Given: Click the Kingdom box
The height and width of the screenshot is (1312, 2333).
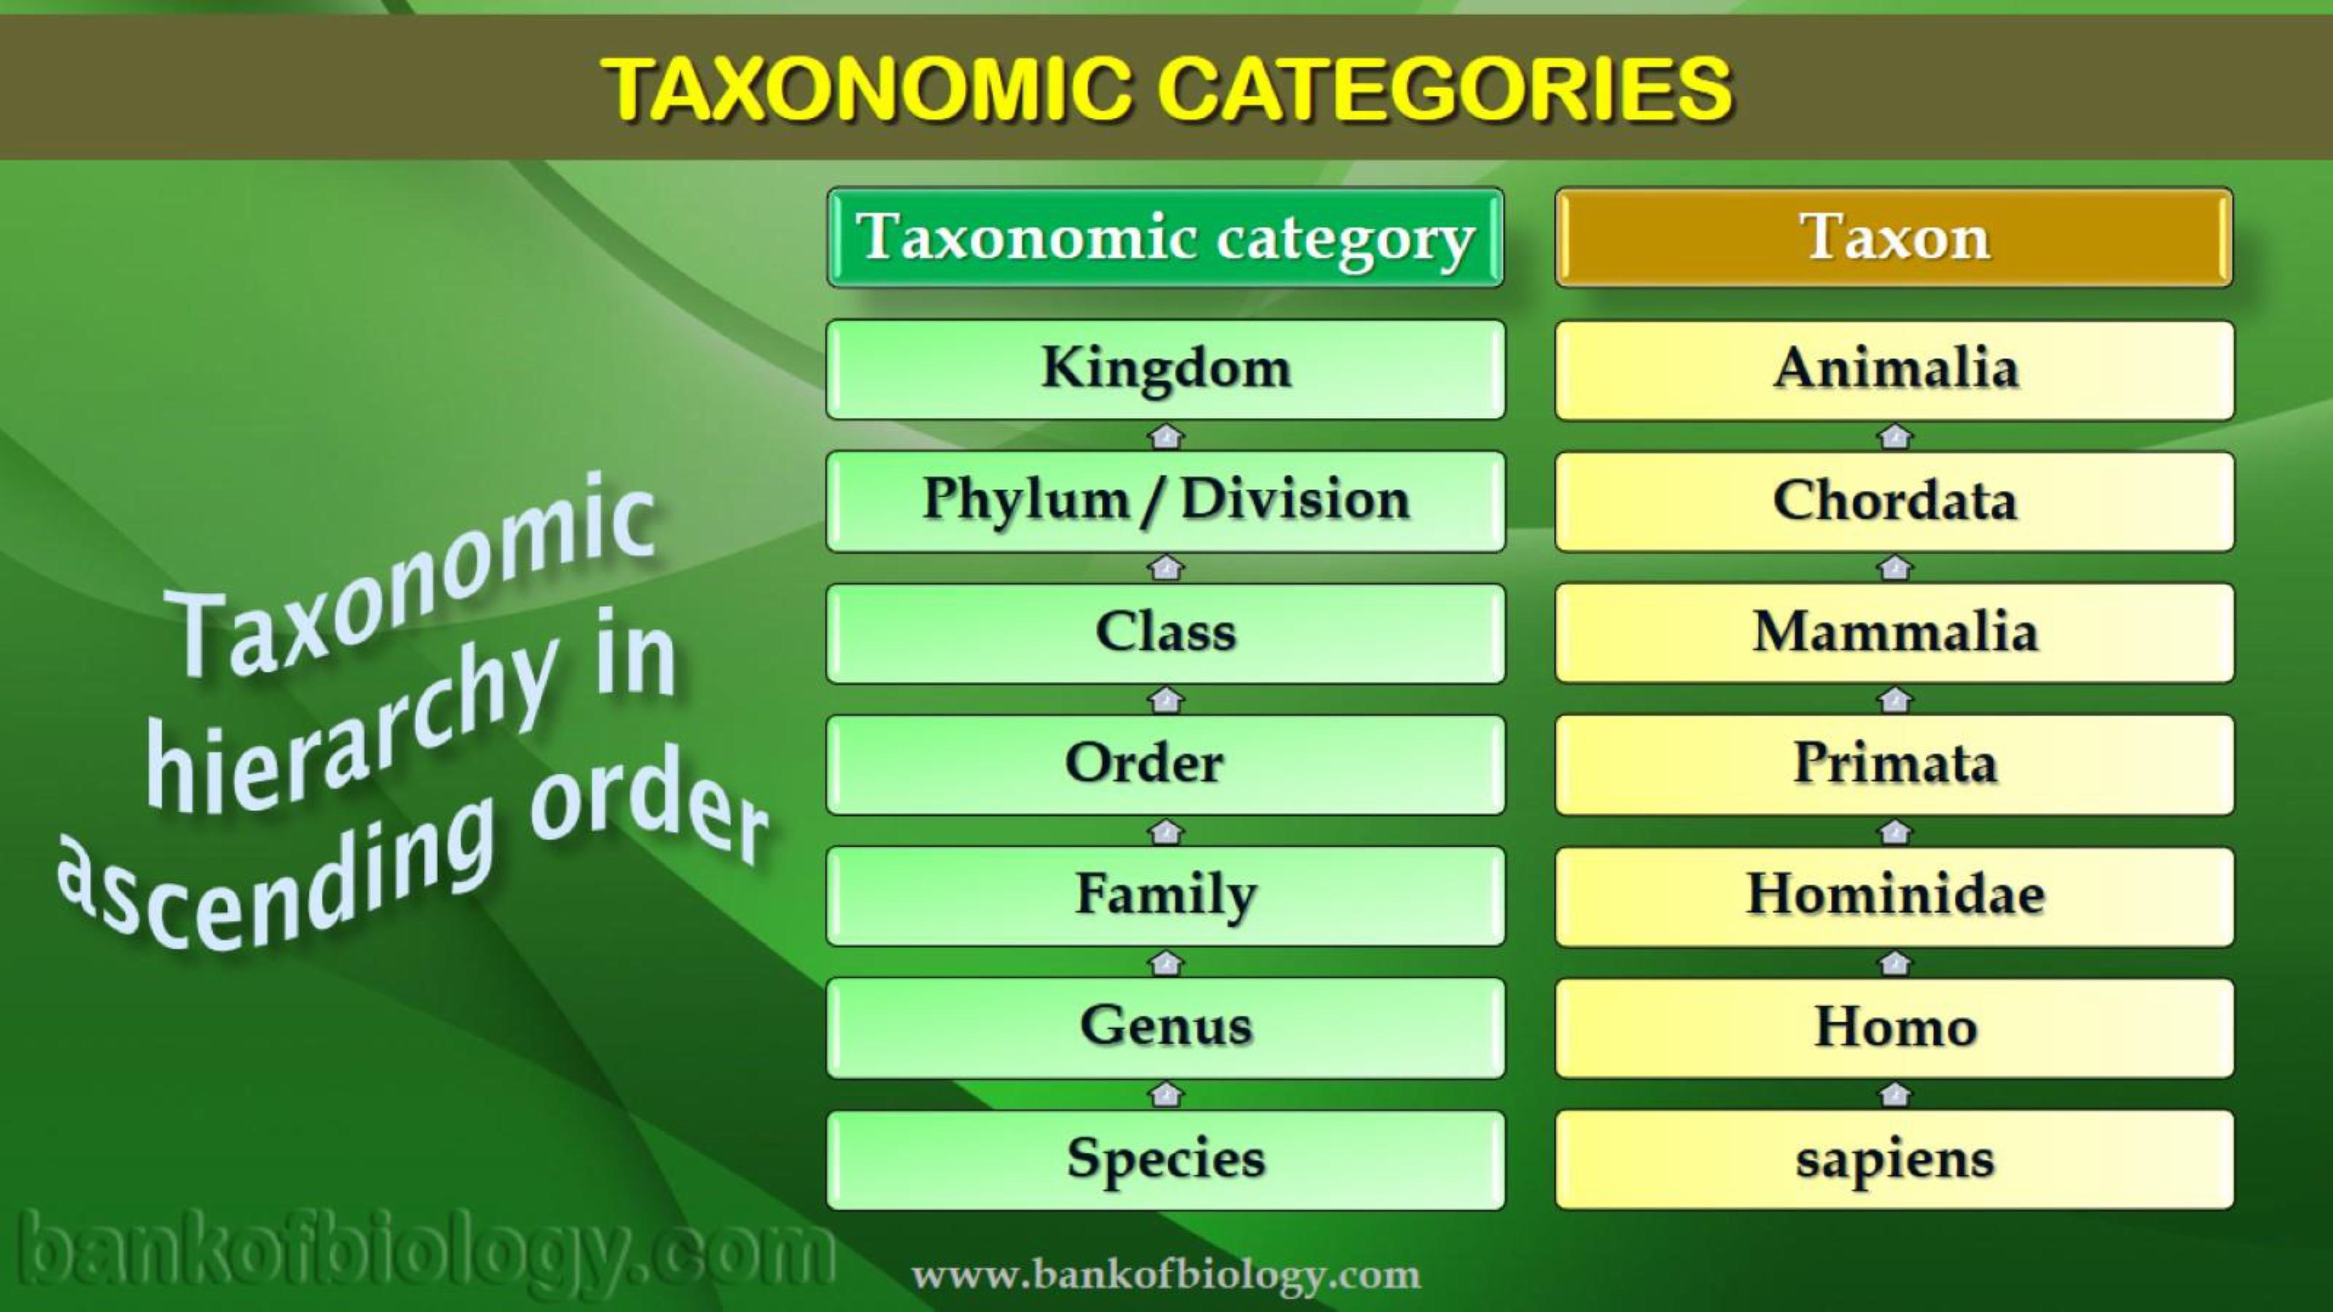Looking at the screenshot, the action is (1165, 370).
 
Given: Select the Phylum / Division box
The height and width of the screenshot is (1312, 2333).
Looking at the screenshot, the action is (1165, 501).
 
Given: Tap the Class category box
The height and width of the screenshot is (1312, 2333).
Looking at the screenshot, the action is (1165, 633).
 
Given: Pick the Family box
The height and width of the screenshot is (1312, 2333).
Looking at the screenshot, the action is (1165, 896).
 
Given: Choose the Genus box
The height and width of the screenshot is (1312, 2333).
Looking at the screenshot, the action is (1165, 1027).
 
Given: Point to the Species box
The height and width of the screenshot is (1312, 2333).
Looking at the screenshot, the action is (1165, 1160).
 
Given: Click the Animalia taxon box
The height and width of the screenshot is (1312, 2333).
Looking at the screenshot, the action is (1894, 370).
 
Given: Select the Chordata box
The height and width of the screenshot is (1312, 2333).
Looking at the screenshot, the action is (1894, 501).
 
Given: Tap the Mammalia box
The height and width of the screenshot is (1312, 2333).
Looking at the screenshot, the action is (1894, 633).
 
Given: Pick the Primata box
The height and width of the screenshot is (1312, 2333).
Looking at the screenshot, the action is (1894, 765).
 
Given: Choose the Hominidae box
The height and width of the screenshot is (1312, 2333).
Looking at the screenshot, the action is (1894, 896).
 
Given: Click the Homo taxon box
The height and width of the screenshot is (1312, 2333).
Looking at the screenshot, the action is (1894, 1027).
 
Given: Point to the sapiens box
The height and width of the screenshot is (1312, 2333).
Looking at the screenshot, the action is (1894, 1160).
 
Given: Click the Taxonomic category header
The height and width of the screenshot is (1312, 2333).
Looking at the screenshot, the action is (1165, 237).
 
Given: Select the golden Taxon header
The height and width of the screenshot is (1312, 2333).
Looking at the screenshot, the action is (1894, 237).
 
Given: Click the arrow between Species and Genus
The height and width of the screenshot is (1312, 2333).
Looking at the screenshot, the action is (1165, 1094).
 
